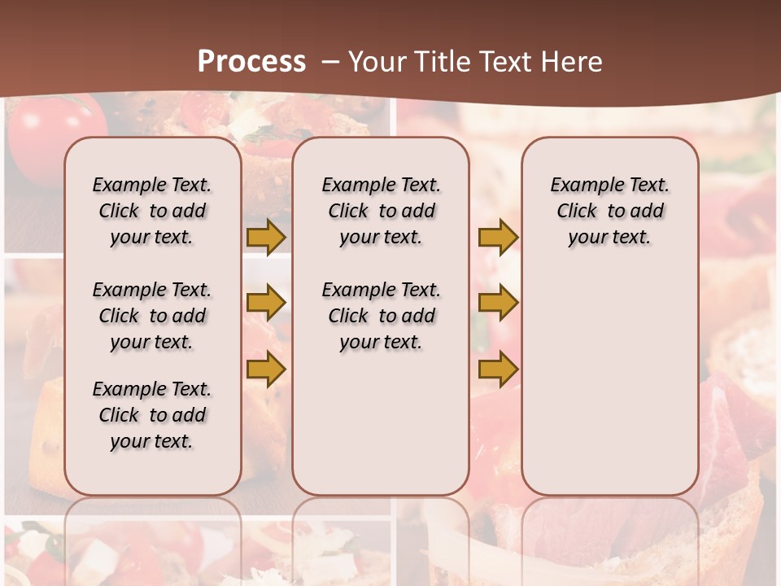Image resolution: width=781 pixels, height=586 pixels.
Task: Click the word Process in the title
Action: [251, 62]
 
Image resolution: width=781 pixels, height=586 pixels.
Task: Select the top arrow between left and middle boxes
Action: [266, 237]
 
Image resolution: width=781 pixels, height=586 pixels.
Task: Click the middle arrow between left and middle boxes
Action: [266, 303]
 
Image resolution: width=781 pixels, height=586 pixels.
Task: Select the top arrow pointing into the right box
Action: [498, 237]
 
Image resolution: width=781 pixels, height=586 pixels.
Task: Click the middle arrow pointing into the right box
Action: [498, 303]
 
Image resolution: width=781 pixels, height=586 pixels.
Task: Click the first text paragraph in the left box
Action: [152, 211]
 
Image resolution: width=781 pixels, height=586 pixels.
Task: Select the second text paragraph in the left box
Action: [152, 316]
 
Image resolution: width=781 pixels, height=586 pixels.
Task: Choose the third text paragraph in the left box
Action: [152, 415]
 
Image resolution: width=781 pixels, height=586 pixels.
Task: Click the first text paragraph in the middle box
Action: [381, 211]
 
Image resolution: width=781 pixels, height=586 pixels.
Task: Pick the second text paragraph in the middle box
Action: [381, 316]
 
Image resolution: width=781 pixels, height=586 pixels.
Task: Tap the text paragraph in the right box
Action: [609, 211]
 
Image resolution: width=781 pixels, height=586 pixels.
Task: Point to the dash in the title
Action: [330, 62]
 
